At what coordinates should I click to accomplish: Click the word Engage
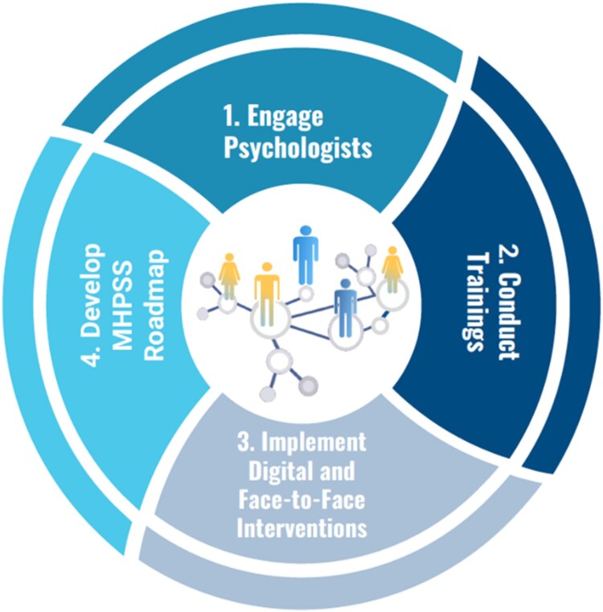(x=294, y=118)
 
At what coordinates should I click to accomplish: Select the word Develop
(x=94, y=309)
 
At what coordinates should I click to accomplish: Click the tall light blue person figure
(x=306, y=254)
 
